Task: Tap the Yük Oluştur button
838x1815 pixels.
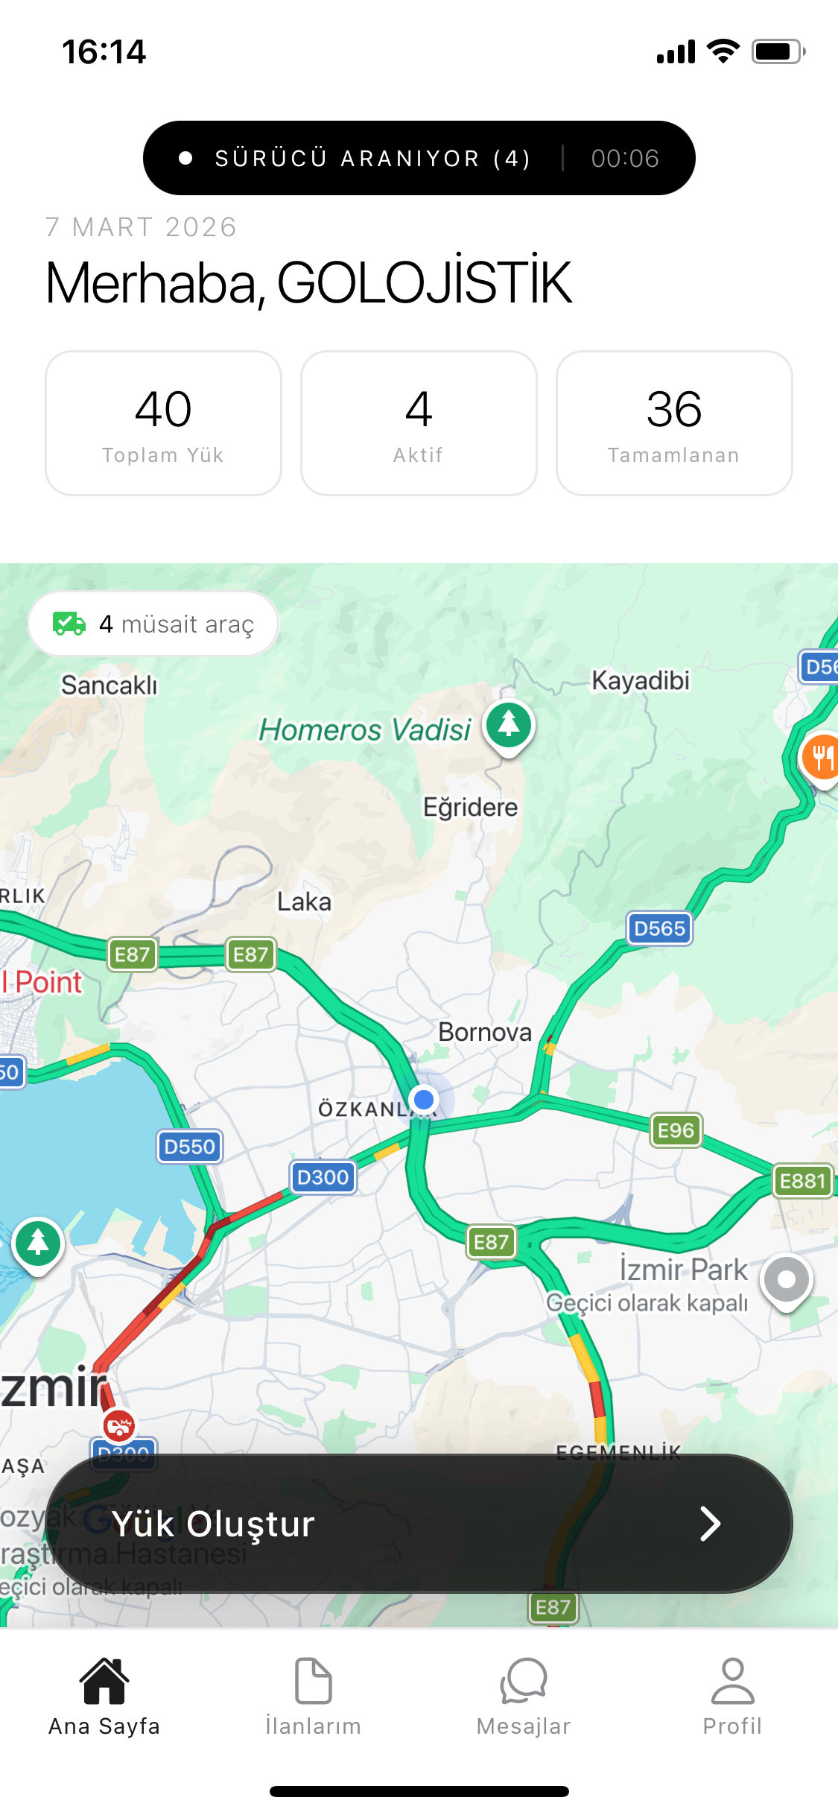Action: coord(419,1523)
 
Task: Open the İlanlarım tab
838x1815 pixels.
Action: coord(313,1696)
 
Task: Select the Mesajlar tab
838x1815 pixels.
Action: coord(524,1696)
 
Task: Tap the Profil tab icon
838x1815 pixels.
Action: coord(732,1682)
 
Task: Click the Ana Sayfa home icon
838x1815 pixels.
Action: coord(104,1682)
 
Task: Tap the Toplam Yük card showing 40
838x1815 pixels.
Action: coord(163,423)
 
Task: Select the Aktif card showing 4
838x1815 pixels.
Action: coord(419,423)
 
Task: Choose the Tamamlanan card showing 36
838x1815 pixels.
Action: coord(674,423)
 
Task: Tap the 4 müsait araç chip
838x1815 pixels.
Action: coord(153,624)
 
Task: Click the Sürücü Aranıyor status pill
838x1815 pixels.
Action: coord(419,158)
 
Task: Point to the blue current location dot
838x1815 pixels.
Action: coord(424,1099)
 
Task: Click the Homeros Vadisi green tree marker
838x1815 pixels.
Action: coord(509,724)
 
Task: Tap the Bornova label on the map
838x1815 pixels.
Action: coord(485,1032)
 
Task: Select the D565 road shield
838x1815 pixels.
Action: coord(659,928)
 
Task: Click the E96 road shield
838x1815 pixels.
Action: coord(676,1130)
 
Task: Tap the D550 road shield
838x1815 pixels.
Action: coord(189,1146)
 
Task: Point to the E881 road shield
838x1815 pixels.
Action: coord(802,1181)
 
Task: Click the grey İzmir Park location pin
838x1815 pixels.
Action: coord(787,1280)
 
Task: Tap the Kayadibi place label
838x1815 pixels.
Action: coord(641,680)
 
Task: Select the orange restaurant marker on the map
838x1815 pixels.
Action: coord(822,757)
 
